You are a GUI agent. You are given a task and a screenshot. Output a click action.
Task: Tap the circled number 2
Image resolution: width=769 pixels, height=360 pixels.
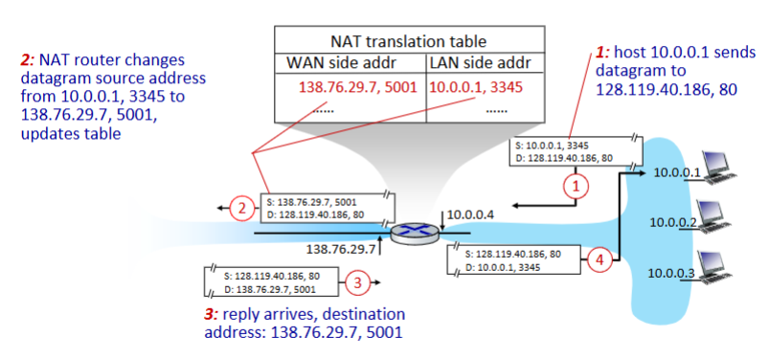tap(243, 206)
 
